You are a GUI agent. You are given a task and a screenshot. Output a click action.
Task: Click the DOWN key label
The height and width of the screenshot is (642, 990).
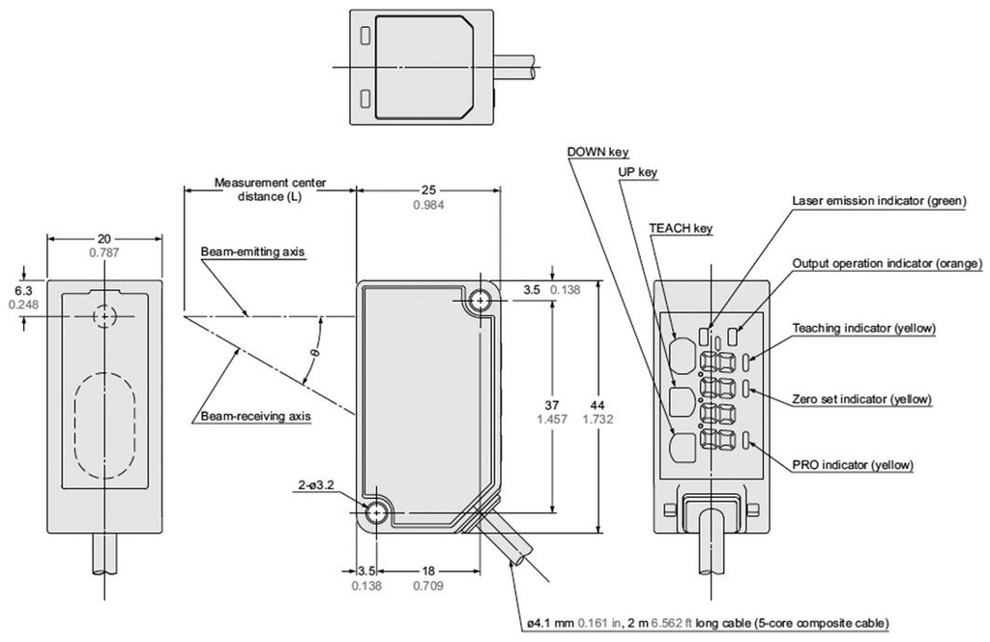pyautogui.click(x=599, y=152)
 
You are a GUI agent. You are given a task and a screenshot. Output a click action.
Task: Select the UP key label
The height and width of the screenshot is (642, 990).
pyautogui.click(x=637, y=172)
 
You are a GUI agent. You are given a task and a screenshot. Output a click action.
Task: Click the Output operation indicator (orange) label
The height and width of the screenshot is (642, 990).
pyautogui.click(x=887, y=263)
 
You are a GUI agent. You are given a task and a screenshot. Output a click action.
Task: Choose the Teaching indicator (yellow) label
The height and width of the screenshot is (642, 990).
pyautogui.click(x=863, y=328)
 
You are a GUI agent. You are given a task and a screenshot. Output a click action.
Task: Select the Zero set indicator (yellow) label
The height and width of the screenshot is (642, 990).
pyautogui.click(x=861, y=398)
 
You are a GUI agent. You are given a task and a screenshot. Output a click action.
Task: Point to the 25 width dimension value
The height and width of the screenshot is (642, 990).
pyautogui.click(x=427, y=190)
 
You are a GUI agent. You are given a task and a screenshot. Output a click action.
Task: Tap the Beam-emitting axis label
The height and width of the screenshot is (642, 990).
pyautogui.click(x=252, y=252)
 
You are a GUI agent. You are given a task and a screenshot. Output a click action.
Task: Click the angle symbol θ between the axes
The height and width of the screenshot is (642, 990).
pyautogui.click(x=312, y=354)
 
